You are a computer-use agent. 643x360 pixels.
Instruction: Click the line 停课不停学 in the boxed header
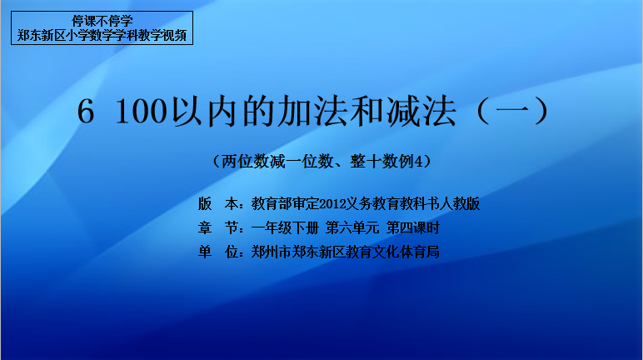[102, 21]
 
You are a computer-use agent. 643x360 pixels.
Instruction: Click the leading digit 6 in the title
[86, 111]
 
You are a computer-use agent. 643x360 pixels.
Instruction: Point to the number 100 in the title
[142, 111]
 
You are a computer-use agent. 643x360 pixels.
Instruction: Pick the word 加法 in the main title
[296, 111]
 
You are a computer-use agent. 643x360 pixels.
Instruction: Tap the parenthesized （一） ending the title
[512, 111]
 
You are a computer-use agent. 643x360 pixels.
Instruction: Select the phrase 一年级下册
[285, 227]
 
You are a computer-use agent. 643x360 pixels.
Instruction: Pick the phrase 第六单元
[352, 227]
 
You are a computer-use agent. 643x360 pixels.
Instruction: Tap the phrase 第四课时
[413, 227]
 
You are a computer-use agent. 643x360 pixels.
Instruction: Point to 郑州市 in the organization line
[272, 252]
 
